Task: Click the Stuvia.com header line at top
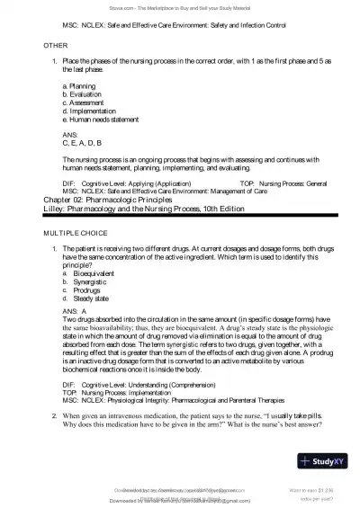click(x=180, y=5)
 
